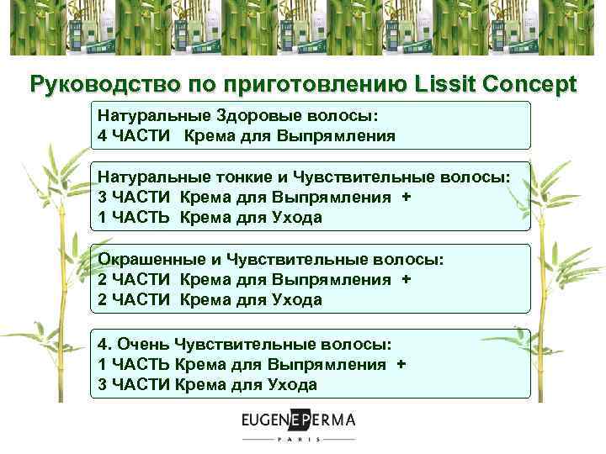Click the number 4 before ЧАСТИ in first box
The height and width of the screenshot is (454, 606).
[102, 135]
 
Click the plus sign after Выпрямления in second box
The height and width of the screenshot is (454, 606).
[407, 197]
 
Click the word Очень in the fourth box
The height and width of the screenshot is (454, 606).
[141, 344]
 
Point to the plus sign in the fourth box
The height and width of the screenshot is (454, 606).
[401, 364]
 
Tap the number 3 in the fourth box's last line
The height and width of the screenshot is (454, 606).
[102, 384]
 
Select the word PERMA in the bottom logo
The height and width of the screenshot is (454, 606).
[329, 420]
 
